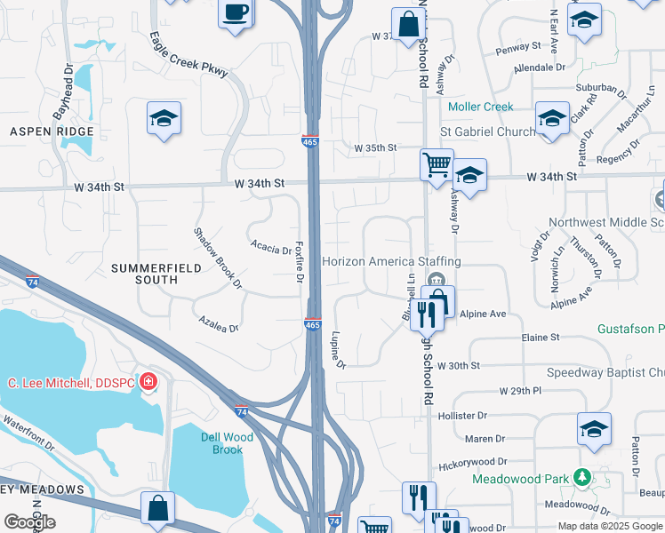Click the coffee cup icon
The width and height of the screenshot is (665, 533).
pyautogui.click(x=236, y=13)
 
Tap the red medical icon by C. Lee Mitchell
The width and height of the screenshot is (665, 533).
pyautogui.click(x=149, y=382)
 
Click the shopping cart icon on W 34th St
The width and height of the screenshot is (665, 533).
pyautogui.click(x=436, y=164)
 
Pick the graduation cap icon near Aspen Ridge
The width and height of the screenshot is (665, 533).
pyautogui.click(x=164, y=118)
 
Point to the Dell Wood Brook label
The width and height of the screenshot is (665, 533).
pyautogui.click(x=227, y=443)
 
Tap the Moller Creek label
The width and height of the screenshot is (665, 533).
pyautogui.click(x=481, y=107)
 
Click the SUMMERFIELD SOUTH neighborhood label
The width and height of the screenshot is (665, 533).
pyautogui.click(x=145, y=274)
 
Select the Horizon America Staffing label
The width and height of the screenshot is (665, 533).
pyautogui.click(x=391, y=261)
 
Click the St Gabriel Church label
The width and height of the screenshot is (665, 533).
pyautogui.click(x=488, y=131)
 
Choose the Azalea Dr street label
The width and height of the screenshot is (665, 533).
pyautogui.click(x=219, y=322)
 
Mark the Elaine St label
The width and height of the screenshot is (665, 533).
pyautogui.click(x=541, y=338)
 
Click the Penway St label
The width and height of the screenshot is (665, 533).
pyautogui.click(x=523, y=45)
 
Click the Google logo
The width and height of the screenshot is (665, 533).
pyautogui.click(x=29, y=522)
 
